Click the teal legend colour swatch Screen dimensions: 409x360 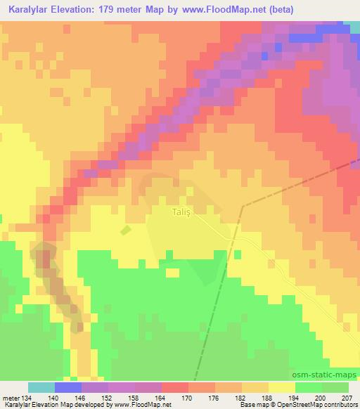[41, 388]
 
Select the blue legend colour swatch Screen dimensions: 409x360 [68, 388]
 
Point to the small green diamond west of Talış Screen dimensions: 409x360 [125, 229]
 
